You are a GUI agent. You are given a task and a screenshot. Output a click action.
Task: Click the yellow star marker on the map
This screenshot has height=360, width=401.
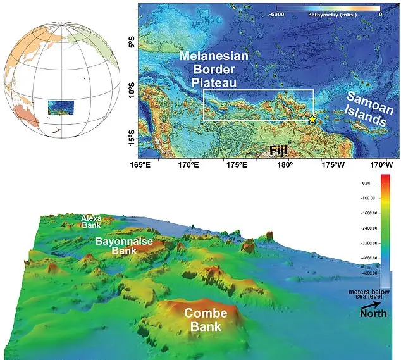(x=312, y=119)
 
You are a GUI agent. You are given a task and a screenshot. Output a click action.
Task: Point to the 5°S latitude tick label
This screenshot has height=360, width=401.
(x=132, y=46)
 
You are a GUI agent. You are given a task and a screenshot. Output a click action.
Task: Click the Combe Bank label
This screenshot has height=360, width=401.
(x=204, y=320)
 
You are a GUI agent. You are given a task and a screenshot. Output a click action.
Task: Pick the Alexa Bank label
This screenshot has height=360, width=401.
(x=91, y=221)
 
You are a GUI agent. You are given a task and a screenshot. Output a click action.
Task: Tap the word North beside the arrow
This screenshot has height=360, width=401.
(x=373, y=314)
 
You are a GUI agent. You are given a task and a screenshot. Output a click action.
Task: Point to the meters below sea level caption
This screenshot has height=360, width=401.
(x=371, y=294)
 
